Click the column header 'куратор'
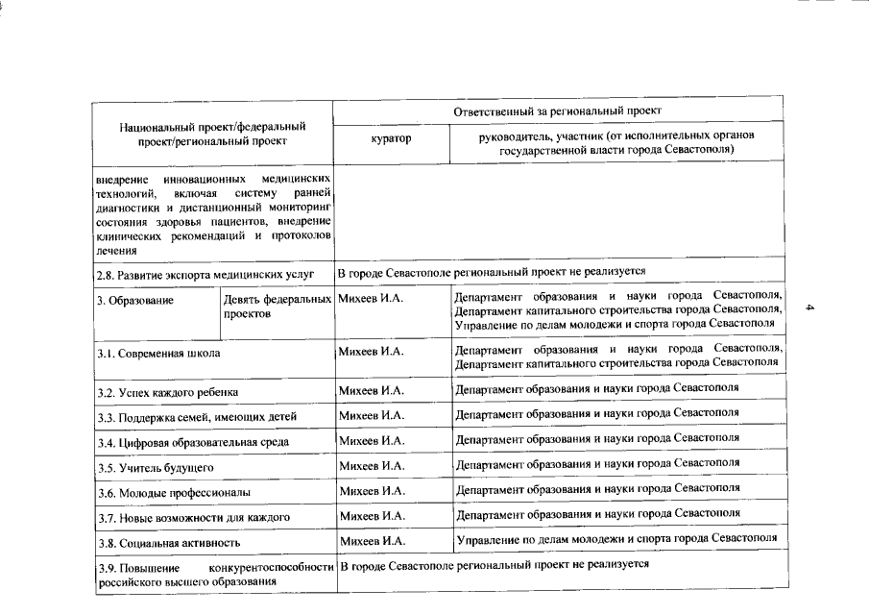[x=390, y=139]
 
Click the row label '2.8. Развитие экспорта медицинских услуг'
[x=205, y=274]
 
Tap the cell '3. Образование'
[x=135, y=302]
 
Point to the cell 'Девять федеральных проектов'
[x=277, y=307]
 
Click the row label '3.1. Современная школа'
[x=158, y=354]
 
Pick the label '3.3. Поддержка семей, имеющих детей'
[x=197, y=417]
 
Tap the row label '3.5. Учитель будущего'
[x=155, y=467]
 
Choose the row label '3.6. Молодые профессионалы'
[x=174, y=492]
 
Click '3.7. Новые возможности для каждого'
[x=194, y=517]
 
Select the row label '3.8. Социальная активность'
[x=168, y=542]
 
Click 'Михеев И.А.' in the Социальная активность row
[x=372, y=541]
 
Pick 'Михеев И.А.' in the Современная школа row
[x=372, y=352]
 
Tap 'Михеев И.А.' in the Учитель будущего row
[x=372, y=466]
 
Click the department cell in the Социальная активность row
[x=616, y=538]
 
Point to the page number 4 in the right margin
[x=810, y=308]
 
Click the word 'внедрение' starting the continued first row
[x=121, y=180]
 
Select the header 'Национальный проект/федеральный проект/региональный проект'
[x=213, y=134]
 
